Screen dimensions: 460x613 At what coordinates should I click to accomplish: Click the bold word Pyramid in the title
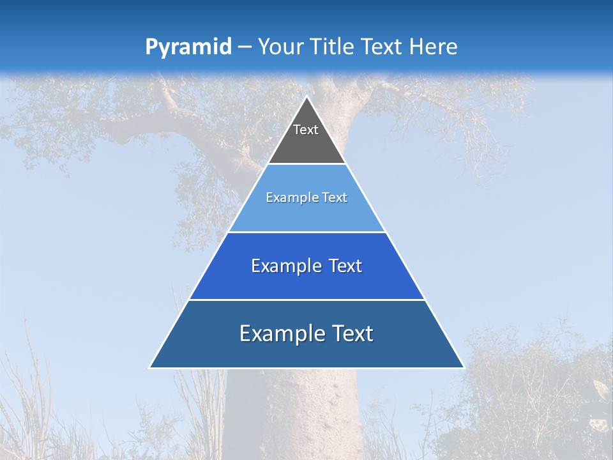point(188,47)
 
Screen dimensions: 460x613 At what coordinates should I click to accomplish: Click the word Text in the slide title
point(382,47)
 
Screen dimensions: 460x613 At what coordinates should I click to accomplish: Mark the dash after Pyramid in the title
point(245,47)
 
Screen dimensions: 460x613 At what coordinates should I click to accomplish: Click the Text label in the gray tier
point(306,130)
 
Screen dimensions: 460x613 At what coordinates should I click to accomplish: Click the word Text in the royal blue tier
point(345,266)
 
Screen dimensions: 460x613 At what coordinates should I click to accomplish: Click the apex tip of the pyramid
point(306,97)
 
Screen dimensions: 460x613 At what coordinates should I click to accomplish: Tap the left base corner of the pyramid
point(151,367)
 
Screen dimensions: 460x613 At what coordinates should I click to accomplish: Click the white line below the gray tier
point(306,164)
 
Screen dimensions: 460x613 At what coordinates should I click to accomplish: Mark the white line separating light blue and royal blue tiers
point(306,232)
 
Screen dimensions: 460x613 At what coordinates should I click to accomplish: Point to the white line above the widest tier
point(306,300)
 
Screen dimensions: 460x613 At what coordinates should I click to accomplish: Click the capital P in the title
point(151,47)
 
